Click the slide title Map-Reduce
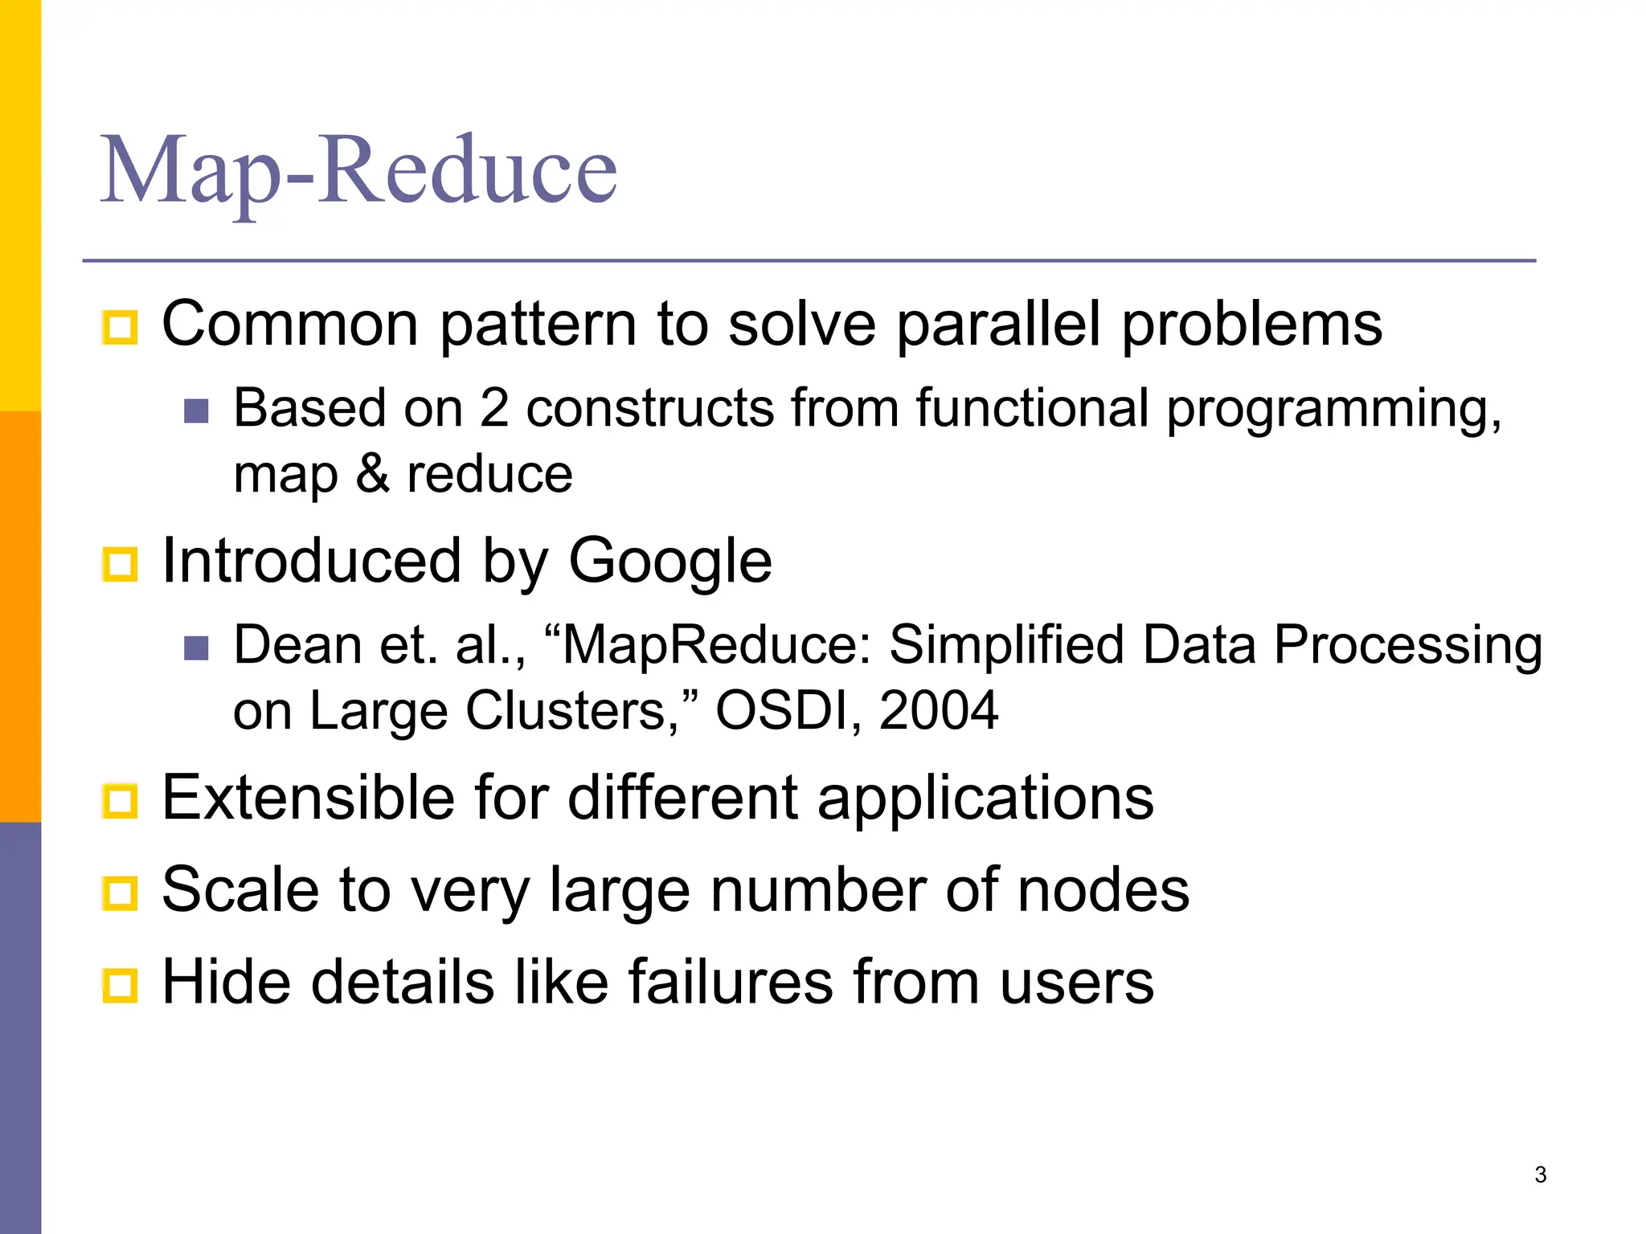358,170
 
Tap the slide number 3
1540,1175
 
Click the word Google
669,561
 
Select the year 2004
938,711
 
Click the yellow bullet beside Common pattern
121,327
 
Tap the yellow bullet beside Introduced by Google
121,564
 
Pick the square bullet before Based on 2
196,411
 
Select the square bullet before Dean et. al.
196,648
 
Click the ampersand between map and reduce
372,474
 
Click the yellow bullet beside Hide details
121,985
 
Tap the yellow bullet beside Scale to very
121,893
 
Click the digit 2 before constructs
494,408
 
